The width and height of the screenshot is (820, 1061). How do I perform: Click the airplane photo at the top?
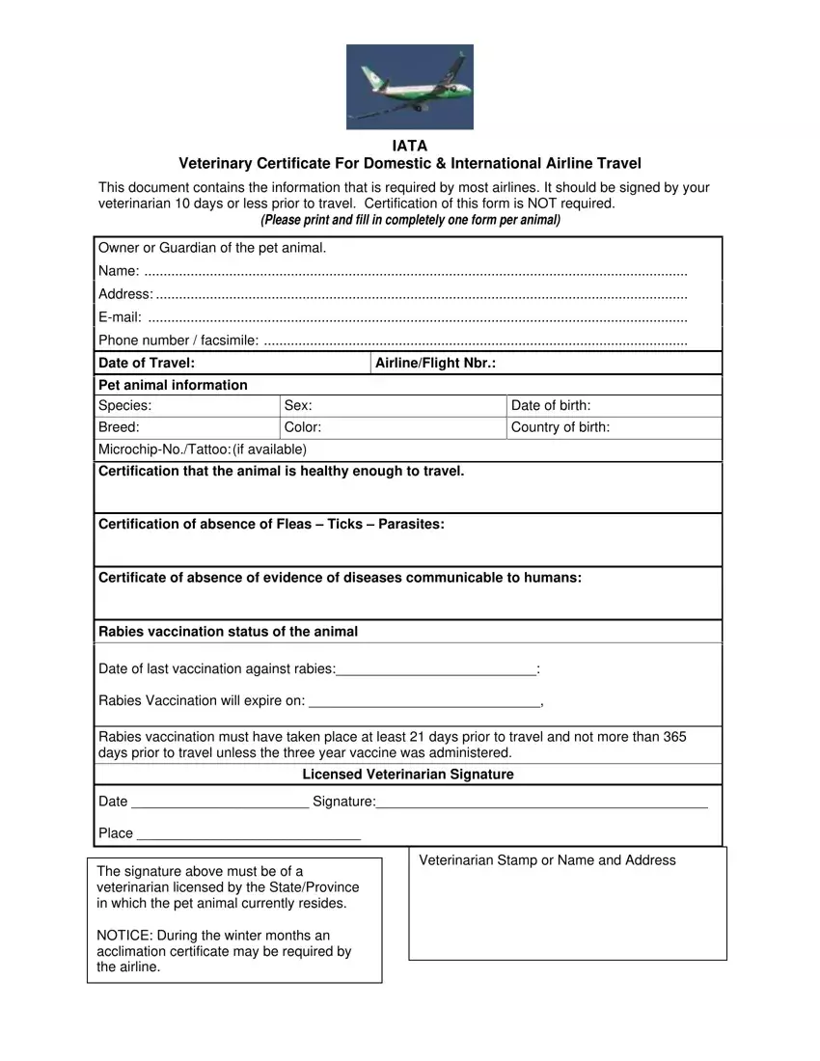[409, 87]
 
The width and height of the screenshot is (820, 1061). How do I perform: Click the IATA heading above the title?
[409, 147]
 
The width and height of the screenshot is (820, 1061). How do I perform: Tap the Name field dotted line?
[415, 273]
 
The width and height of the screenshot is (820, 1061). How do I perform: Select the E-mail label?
[120, 317]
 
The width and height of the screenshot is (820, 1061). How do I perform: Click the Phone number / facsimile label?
[178, 340]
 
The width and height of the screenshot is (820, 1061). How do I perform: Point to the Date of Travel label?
[147, 363]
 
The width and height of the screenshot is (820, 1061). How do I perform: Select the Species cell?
[124, 406]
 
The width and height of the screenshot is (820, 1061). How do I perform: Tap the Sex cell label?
[298, 406]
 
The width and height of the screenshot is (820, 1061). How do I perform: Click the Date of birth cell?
[551, 406]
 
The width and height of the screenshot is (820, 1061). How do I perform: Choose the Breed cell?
[119, 427]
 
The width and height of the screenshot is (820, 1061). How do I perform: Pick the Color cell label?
[303, 427]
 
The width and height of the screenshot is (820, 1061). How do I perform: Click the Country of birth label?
[560, 427]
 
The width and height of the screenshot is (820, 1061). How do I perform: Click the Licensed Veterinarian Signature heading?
[408, 775]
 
